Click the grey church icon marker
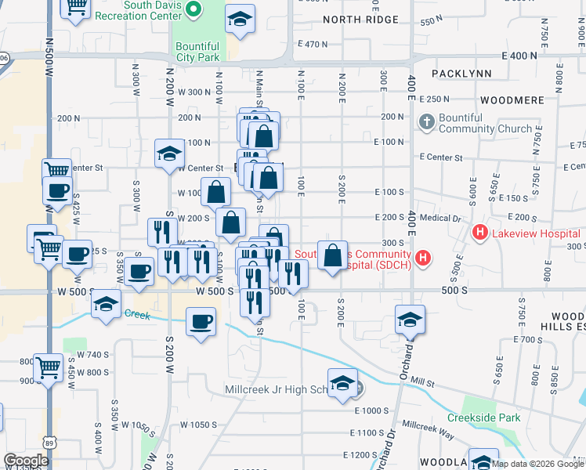[x=426, y=122]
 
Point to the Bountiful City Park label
[x=197, y=52]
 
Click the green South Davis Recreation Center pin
[x=196, y=10]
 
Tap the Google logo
[x=26, y=461]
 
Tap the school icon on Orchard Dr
[x=410, y=320]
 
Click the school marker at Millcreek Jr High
[x=342, y=383]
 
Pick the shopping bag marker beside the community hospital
[x=333, y=254]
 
